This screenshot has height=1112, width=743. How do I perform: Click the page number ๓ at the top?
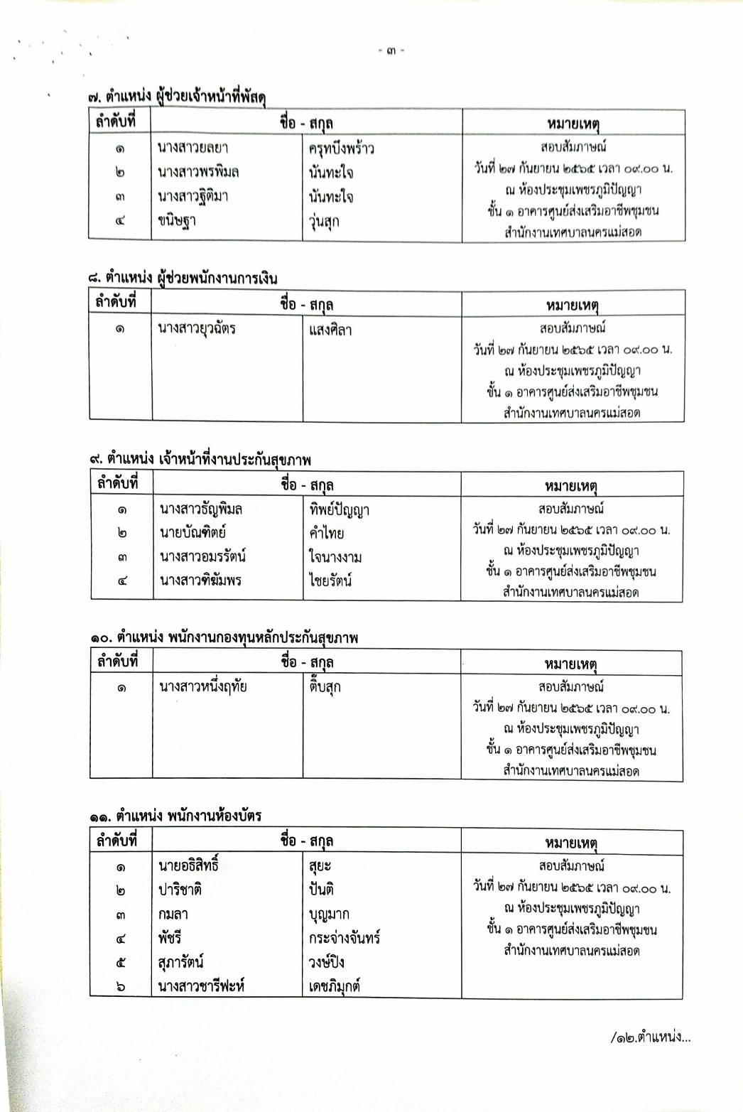point(391,51)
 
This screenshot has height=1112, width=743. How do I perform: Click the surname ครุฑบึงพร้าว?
point(341,149)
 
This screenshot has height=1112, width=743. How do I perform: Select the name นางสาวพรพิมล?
point(198,172)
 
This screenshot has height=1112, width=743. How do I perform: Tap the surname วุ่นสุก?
point(324,221)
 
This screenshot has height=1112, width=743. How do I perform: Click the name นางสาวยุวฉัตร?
point(197,329)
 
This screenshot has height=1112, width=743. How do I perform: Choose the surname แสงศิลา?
point(330,330)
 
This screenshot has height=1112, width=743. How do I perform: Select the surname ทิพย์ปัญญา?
point(339,509)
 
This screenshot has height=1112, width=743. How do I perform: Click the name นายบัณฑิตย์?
point(192,532)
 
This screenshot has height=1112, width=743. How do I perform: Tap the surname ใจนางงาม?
point(335,556)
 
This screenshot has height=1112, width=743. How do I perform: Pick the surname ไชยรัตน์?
point(331,581)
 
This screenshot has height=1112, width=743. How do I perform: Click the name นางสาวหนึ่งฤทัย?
point(203,687)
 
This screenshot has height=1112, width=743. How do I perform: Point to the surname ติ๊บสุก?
point(325,687)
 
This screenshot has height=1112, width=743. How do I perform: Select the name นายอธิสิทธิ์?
point(188,865)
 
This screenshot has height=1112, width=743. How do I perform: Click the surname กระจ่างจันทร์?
point(345,938)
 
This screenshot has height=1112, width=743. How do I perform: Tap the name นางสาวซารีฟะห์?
point(202,986)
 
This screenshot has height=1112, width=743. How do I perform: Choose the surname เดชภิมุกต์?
point(335,986)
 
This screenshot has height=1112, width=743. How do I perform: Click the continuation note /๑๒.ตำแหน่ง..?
point(649,1037)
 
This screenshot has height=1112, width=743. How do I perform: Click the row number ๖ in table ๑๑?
point(121,986)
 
